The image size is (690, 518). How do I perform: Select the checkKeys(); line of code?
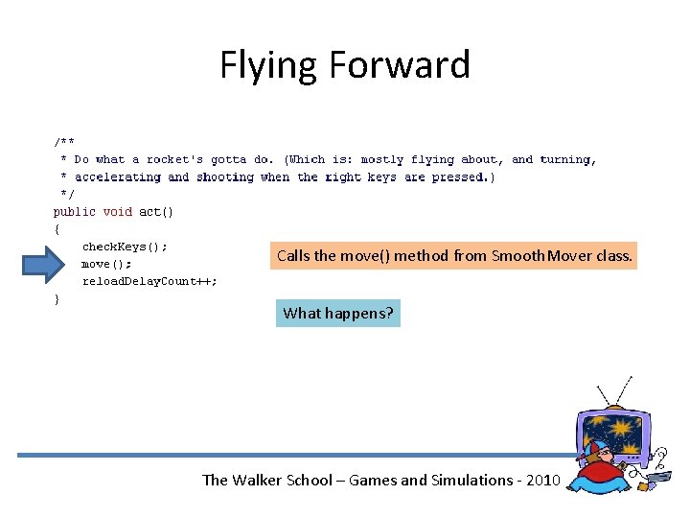125,247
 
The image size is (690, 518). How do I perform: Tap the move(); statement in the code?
106,264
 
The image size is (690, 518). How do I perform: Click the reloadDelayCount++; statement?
149,281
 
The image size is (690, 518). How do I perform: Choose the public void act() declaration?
113,211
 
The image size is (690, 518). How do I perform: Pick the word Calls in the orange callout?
293,256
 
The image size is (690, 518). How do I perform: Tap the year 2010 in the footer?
540,480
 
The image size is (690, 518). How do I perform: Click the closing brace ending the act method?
57,298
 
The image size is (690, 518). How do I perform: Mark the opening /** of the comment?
64,142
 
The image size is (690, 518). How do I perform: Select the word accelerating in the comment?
117,177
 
